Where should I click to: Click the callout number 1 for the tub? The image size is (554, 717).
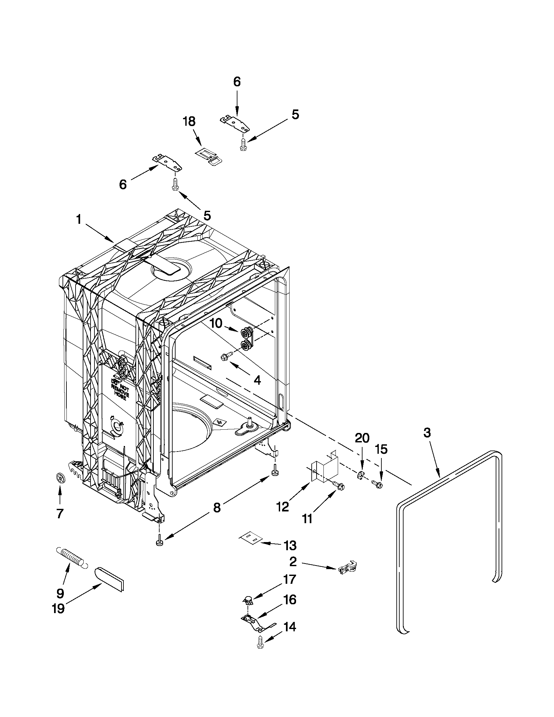[79, 219]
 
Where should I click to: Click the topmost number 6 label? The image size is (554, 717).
[237, 81]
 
